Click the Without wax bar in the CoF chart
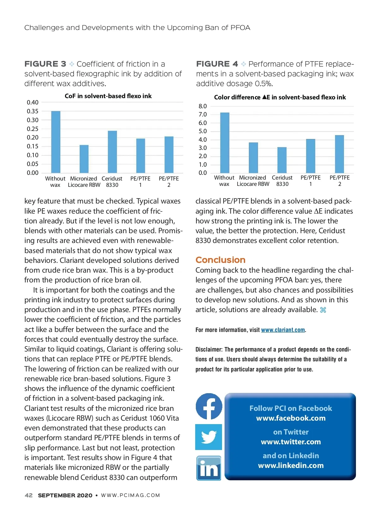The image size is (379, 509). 56,142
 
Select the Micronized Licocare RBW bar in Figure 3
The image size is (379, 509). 84,159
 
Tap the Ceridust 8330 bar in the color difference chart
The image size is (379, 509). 282,160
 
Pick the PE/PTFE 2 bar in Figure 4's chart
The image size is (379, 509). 340,154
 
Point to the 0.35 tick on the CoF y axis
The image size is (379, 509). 33,111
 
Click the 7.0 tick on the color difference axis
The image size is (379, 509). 202,115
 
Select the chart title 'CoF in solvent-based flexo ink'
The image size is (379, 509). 108,96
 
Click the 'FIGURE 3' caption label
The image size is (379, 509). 45,64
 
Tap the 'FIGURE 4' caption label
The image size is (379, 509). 217,64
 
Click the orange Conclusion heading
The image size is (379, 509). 220,260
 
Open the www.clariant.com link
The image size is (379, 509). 283,330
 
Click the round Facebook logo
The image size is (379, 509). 209,406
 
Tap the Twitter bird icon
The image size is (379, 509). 208,437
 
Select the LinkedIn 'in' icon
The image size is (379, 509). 209,468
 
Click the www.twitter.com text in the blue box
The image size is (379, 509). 291,442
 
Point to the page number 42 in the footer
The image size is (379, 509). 28,495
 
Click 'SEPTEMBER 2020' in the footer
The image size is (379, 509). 65,495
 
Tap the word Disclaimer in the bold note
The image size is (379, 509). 209,349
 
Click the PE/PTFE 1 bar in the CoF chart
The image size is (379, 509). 141,156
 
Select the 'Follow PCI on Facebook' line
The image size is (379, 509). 291,408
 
